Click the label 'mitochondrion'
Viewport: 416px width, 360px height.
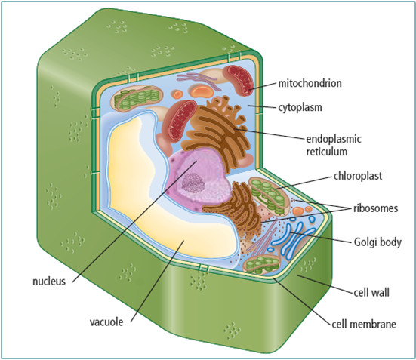coord(310,83)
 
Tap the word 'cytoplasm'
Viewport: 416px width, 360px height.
coord(300,108)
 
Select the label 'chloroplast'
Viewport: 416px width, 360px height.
coord(358,176)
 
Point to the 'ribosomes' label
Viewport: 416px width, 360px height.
coord(376,208)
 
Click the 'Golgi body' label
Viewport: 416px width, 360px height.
coord(377,242)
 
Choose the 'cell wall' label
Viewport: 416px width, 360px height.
coord(371,292)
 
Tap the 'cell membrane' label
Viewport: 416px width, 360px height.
coord(364,324)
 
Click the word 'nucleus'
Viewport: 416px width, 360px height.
coord(49,282)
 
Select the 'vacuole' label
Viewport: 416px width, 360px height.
coord(106,322)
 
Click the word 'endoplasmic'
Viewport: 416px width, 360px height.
coord(334,140)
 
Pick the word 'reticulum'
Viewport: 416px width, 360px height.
coord(327,152)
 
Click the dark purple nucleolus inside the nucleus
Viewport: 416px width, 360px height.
coord(193,183)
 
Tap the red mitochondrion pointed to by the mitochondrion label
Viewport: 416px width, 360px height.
coord(238,80)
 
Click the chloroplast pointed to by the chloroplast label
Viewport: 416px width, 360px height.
coord(269,196)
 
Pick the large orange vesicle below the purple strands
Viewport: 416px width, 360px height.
coord(202,91)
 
